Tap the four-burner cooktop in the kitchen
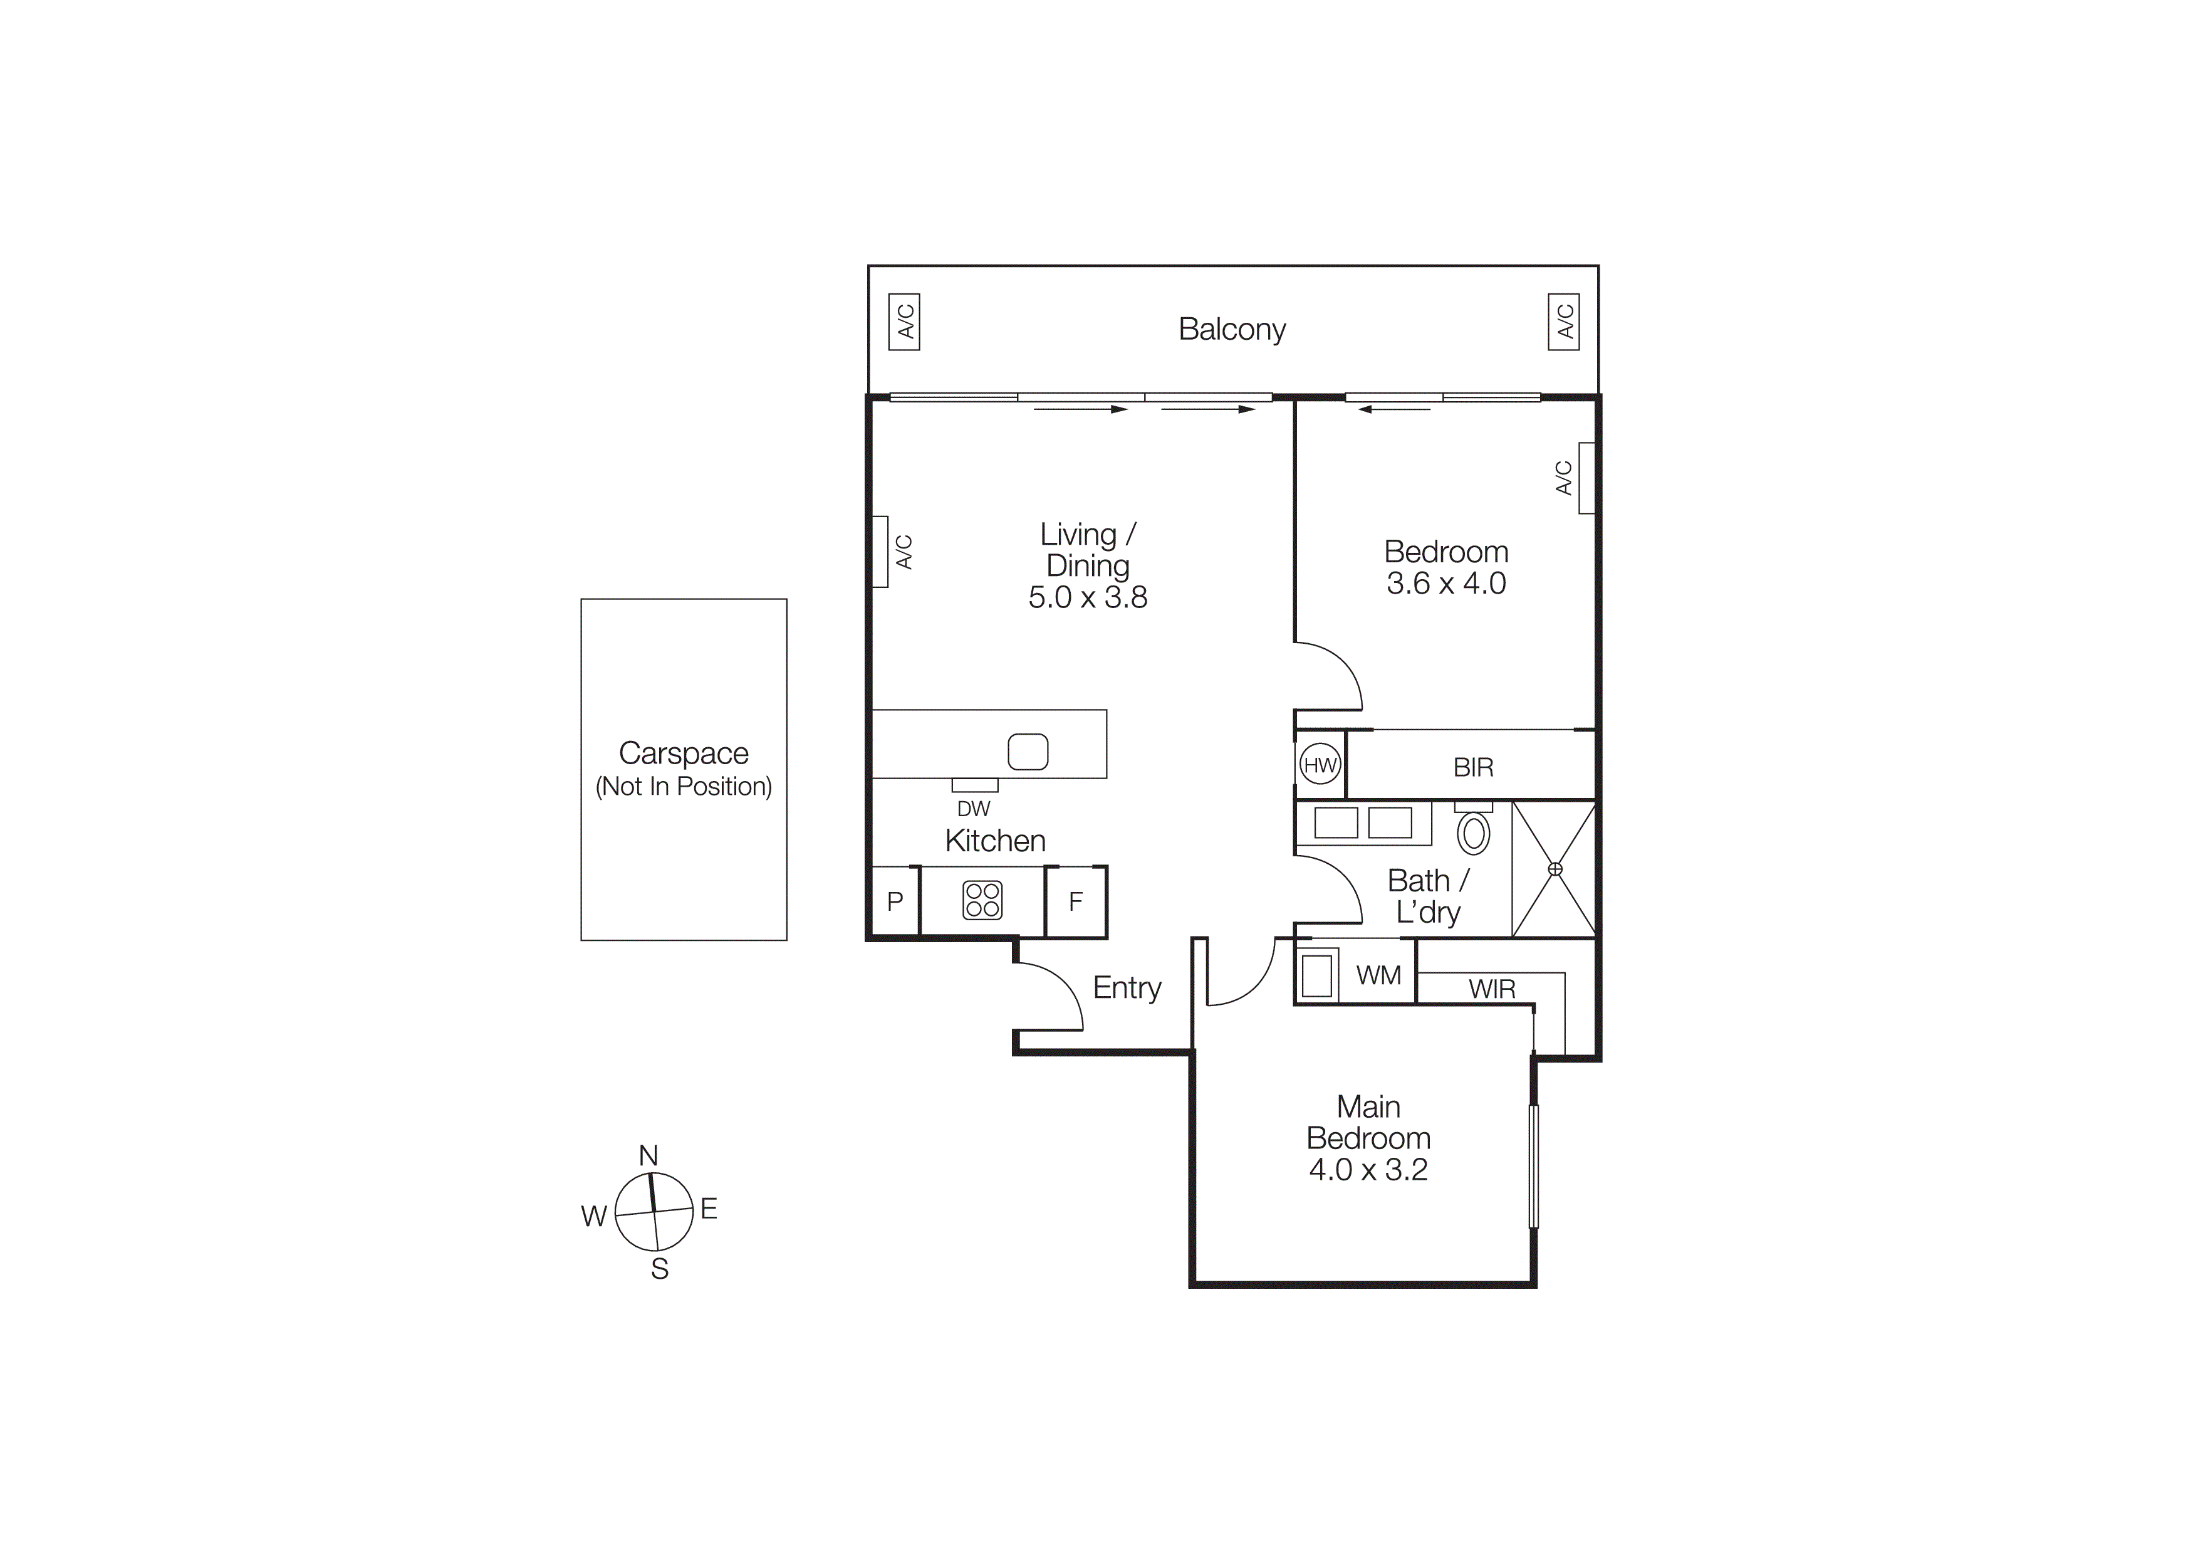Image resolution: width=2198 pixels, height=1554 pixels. (982, 900)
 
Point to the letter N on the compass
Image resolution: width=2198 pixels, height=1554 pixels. (648, 1156)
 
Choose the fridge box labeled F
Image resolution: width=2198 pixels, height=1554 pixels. (1075, 901)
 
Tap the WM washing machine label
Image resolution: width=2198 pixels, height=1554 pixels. (1378, 975)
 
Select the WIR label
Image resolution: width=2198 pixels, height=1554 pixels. (1491, 989)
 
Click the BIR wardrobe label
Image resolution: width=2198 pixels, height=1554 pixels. (1472, 767)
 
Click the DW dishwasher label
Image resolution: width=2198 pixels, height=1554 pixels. (974, 809)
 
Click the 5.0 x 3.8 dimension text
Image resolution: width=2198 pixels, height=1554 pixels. (1088, 597)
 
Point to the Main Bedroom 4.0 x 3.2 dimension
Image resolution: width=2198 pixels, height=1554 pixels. (1368, 1169)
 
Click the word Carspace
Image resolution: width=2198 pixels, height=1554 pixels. (684, 753)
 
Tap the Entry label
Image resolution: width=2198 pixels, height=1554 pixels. (1127, 987)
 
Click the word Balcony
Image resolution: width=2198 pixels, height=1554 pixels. (1232, 328)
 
